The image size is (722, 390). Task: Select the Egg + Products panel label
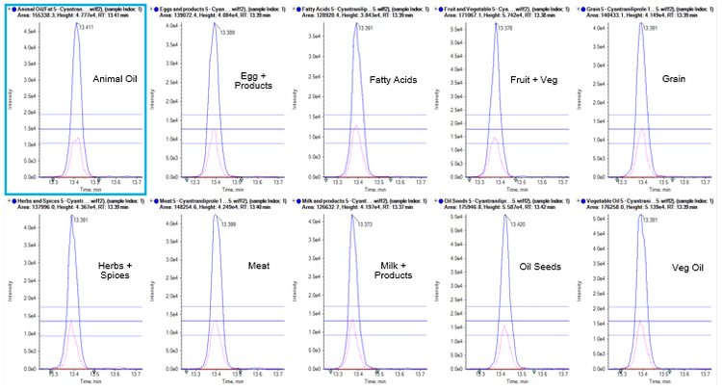pyautogui.click(x=253, y=80)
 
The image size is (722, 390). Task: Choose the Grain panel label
pyautogui.click(x=674, y=80)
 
